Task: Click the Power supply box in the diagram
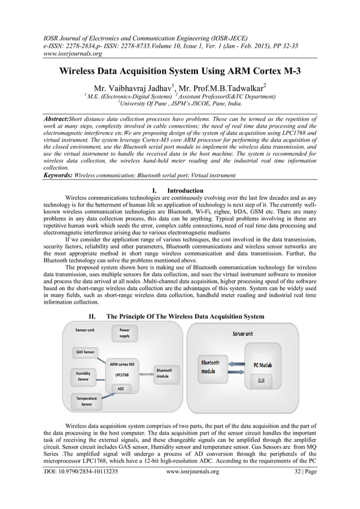(124, 332)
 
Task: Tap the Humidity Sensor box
(83, 376)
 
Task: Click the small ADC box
(121, 389)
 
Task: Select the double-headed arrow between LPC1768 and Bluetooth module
(144, 374)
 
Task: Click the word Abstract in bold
(55, 120)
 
